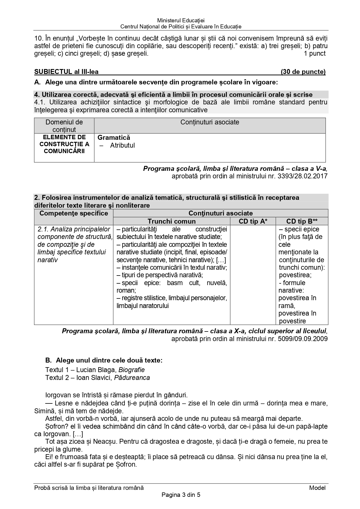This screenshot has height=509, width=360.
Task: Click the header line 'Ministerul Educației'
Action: click(181, 21)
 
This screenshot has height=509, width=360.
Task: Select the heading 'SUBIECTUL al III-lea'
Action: click(66, 72)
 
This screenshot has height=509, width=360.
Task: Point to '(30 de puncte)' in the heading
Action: click(303, 72)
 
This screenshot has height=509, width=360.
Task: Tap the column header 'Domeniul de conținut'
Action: click(64, 126)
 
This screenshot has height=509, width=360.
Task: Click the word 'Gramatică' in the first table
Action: click(114, 137)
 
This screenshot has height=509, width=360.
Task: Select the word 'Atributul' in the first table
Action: click(122, 145)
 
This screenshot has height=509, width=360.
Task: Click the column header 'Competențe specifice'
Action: click(74, 213)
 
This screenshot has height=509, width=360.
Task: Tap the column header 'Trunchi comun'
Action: click(171, 221)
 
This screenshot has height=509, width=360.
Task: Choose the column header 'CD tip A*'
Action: click(253, 221)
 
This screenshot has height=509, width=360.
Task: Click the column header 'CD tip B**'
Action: click(302, 221)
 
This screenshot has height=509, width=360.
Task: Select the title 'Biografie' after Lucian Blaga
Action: click(131, 370)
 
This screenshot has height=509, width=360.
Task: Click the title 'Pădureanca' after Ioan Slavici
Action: click(132, 378)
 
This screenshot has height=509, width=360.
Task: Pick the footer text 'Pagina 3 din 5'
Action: click(181, 495)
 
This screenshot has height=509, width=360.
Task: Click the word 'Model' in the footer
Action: click(317, 488)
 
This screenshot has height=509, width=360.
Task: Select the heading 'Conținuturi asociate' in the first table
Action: click(210, 122)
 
